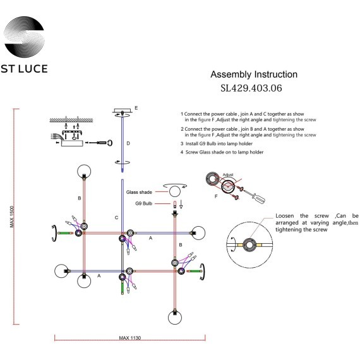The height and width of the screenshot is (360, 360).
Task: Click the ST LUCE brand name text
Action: click(25, 69)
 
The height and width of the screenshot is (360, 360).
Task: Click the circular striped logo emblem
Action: click(25, 37)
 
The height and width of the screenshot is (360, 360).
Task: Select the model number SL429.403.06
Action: click(251, 88)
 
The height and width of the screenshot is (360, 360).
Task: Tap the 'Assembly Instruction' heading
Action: click(254, 75)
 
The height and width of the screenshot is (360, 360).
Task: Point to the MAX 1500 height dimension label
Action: click(12, 217)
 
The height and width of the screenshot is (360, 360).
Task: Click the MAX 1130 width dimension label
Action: click(129, 338)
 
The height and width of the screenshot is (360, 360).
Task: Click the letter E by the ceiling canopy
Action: click(136, 108)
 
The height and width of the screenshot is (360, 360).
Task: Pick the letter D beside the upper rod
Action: click(128, 143)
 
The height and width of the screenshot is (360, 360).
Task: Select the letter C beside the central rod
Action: click(116, 218)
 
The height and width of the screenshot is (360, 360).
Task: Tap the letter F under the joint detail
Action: click(216, 196)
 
